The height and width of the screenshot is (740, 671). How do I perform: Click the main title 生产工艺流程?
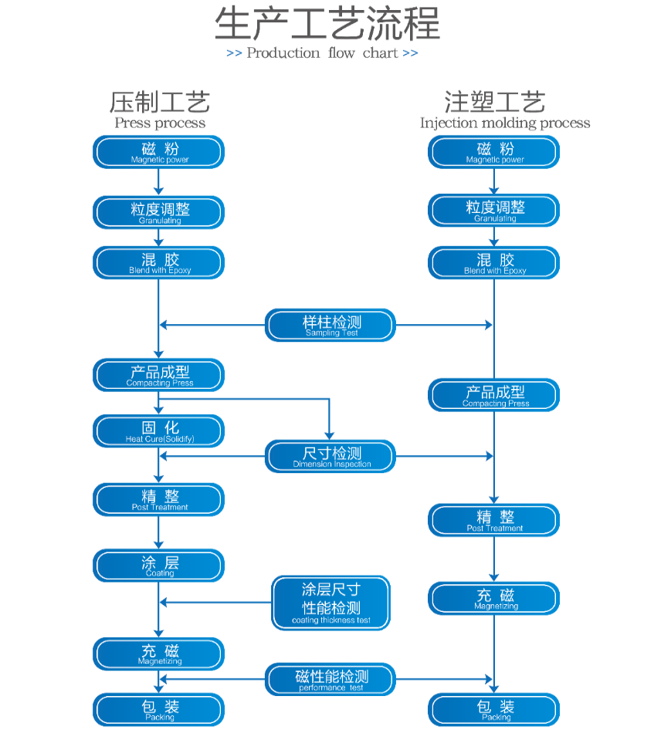327,24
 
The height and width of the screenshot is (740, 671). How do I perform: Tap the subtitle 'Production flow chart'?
322,52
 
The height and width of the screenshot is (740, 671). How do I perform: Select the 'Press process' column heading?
160,123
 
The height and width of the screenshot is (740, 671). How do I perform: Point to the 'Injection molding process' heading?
505,123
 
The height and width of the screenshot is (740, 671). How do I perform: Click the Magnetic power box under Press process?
158,152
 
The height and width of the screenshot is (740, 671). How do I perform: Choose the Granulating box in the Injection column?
494,211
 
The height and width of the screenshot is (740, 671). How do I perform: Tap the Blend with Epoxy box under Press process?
158,262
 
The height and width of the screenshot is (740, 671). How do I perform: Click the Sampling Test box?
330,325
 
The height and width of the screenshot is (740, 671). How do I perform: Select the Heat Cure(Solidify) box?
158,431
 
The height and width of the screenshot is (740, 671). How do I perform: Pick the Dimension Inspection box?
330,456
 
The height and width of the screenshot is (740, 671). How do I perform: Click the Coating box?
158,566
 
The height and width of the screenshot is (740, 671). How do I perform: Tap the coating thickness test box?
331,603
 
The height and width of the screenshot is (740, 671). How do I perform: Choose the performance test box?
330,680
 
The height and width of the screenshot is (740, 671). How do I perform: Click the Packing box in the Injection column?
494,710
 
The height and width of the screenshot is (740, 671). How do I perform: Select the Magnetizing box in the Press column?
158,654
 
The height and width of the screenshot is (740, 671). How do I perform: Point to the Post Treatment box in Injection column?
494,520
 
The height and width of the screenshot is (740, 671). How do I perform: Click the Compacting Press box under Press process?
158,375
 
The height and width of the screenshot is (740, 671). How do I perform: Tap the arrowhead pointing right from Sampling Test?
489,325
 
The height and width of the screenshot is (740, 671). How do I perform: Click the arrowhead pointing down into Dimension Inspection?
329,436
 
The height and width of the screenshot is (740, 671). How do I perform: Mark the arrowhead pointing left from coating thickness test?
164,602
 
